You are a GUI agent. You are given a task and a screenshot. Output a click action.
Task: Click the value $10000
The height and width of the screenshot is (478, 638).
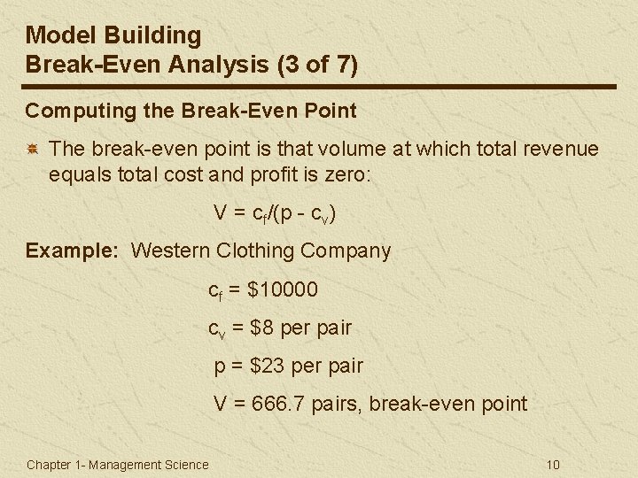(x=283, y=289)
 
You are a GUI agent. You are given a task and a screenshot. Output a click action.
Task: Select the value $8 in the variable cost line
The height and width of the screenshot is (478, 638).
(x=262, y=328)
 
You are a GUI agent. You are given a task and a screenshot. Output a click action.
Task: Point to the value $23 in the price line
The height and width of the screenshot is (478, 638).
(x=266, y=366)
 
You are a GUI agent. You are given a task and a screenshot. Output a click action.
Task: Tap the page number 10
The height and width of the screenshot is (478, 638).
(x=554, y=465)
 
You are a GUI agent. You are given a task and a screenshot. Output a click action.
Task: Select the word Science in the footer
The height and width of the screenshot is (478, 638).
(x=186, y=465)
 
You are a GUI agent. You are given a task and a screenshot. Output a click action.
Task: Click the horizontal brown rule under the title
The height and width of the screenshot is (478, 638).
(x=319, y=86)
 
